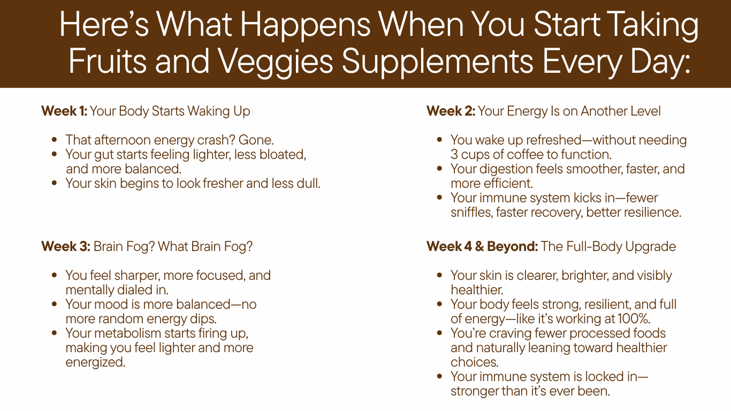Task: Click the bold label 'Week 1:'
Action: coord(64,111)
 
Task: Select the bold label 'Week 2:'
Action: coord(451,111)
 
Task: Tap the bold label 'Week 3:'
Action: coord(66,247)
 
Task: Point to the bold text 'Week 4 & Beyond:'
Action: coord(482,247)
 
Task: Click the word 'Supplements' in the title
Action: coord(437,62)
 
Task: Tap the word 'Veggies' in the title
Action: coord(275,62)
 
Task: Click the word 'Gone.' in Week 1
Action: coord(256,140)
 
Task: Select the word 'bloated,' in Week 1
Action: coord(283,155)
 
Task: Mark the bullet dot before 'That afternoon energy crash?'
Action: coord(54,140)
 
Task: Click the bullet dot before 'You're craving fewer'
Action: coord(439,333)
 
